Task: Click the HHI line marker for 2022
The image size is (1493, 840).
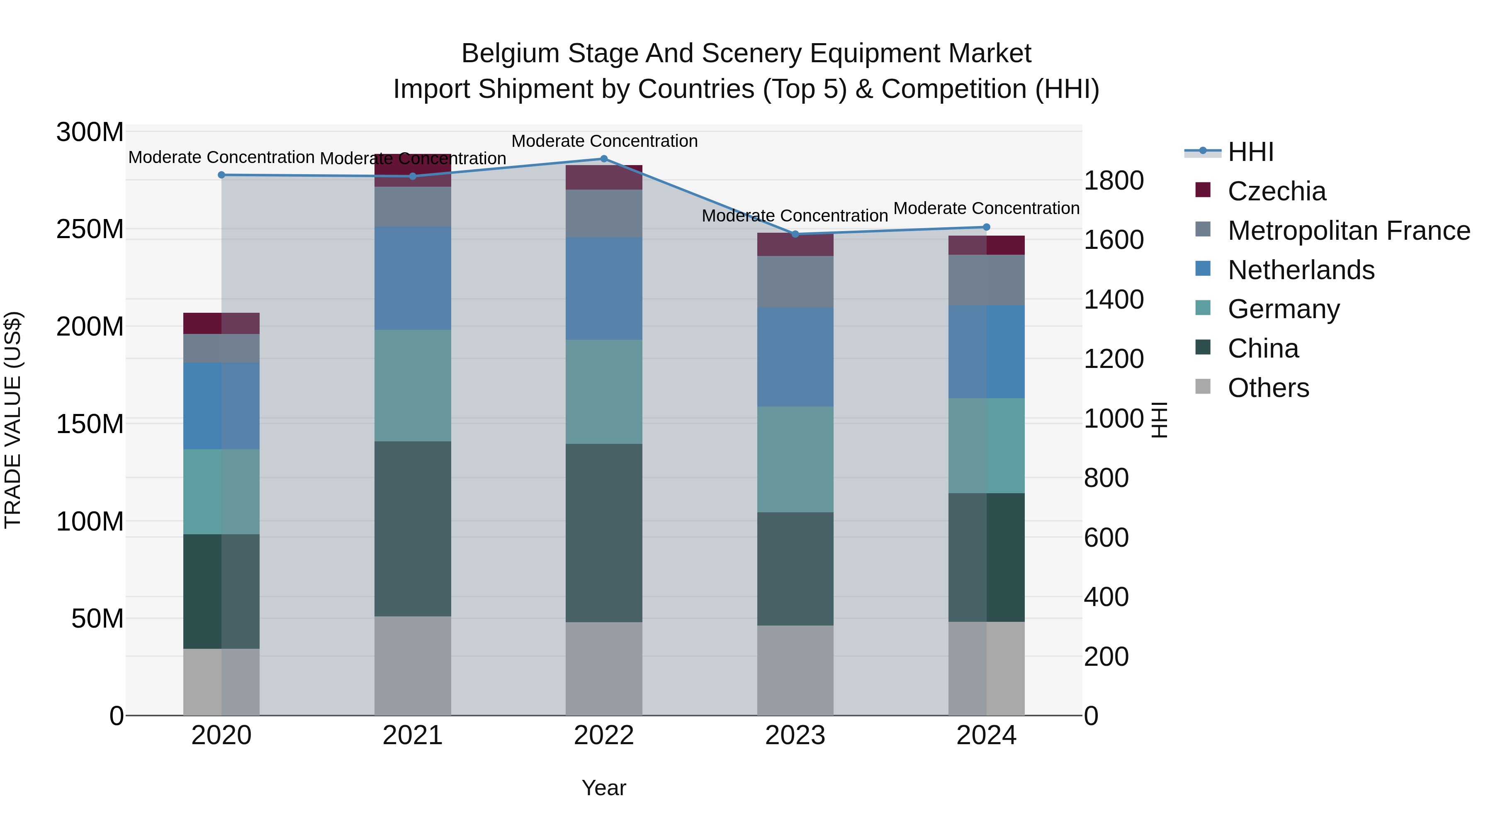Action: point(604,159)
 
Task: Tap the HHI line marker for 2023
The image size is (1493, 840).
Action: point(795,234)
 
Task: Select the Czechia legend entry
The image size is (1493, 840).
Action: point(1276,191)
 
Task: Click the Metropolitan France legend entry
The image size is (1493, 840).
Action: point(1348,231)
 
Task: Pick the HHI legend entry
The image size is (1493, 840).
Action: point(1250,152)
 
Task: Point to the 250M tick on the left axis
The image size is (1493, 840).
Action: point(90,229)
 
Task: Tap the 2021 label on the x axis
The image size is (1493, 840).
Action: point(413,735)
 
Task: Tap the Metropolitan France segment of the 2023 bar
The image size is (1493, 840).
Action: point(795,282)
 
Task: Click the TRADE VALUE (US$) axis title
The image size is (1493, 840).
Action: point(13,420)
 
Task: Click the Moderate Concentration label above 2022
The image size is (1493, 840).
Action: point(604,141)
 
